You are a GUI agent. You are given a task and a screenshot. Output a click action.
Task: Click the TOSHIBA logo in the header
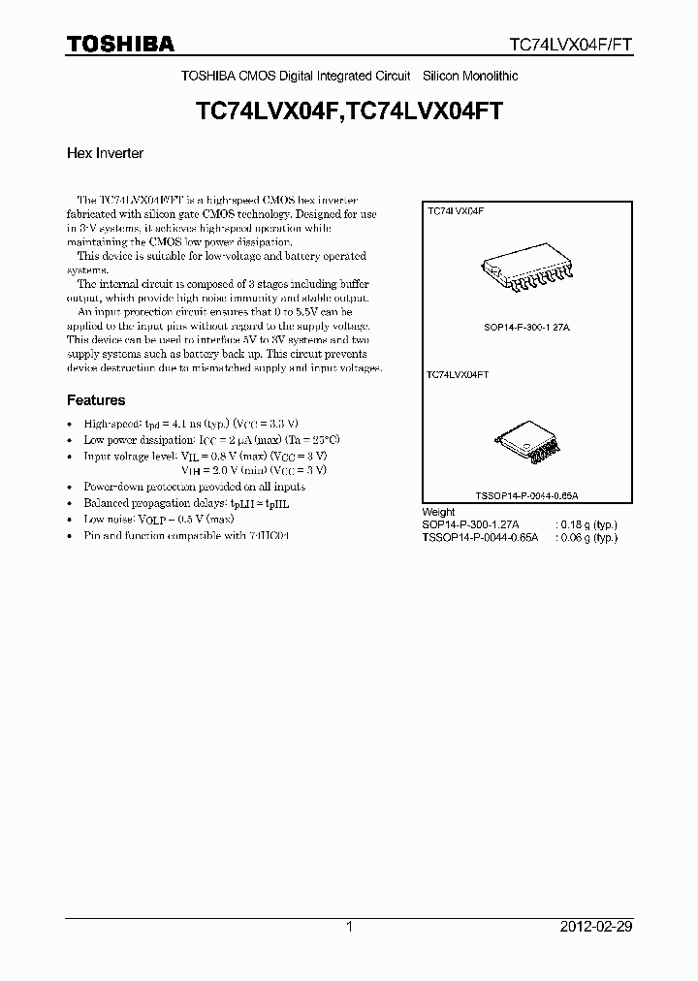tap(120, 44)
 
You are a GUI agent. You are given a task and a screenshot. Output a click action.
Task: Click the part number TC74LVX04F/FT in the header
tap(571, 45)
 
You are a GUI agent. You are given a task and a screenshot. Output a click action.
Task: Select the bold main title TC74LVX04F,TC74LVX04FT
tap(349, 112)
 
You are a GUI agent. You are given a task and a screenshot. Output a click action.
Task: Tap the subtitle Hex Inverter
tap(105, 153)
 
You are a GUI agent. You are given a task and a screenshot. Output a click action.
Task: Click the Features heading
tap(96, 400)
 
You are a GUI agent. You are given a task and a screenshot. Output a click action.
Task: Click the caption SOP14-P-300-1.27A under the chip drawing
tap(526, 329)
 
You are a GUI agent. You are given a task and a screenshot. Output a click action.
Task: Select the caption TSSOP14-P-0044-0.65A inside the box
tap(526, 495)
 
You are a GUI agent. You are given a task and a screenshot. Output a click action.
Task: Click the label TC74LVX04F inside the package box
tap(457, 209)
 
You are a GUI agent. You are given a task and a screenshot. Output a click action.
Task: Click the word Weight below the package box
tap(438, 512)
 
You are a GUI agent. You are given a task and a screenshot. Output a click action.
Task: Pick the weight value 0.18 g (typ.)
tap(587, 524)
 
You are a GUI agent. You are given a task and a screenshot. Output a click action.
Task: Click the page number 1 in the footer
tap(349, 927)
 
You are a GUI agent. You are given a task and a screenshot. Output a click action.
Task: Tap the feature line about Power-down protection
tap(194, 487)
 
